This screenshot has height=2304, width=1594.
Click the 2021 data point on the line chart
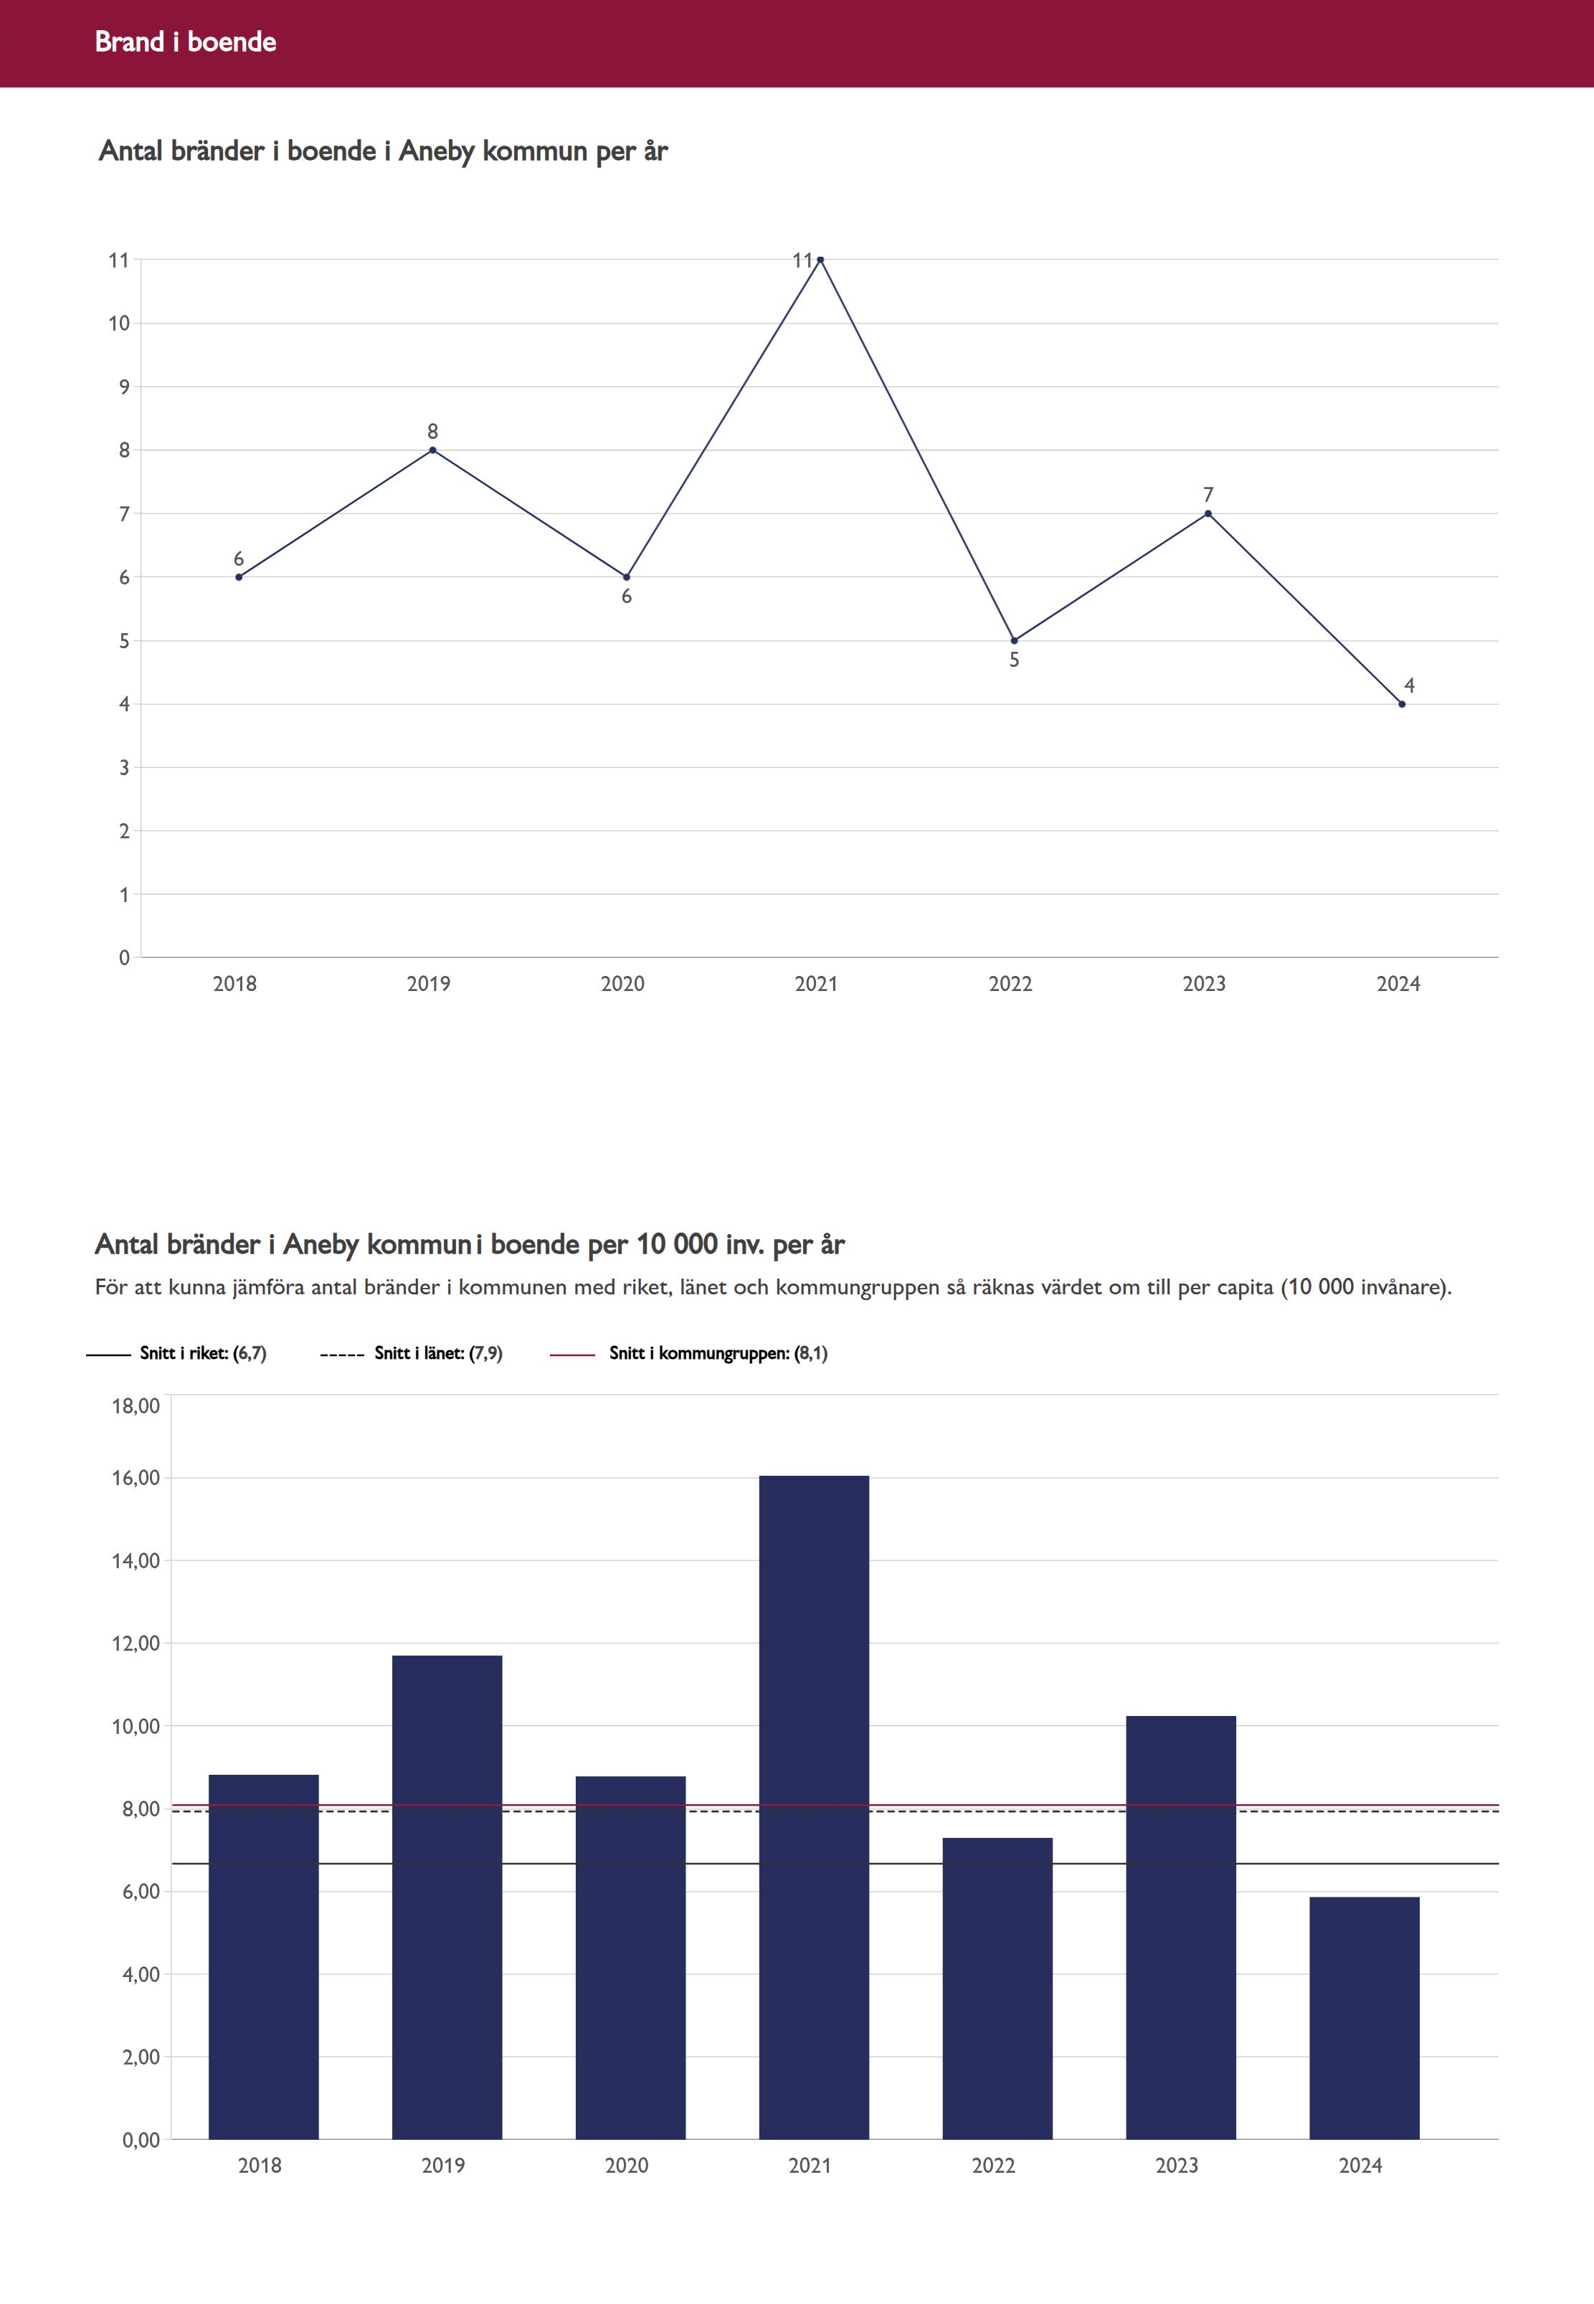click(x=820, y=260)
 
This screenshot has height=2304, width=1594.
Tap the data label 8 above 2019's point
click(x=432, y=432)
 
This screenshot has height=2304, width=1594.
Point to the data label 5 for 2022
click(x=1014, y=660)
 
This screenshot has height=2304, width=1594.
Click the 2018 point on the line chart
click(x=239, y=577)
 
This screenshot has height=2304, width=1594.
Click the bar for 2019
click(x=447, y=1897)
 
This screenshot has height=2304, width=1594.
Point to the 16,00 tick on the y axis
click(x=136, y=1478)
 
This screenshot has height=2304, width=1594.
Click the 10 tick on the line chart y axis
click(x=119, y=323)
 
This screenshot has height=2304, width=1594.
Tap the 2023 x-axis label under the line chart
click(x=1203, y=984)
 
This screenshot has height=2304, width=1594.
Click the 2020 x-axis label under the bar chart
click(x=626, y=2165)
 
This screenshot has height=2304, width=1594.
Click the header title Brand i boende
click(x=186, y=42)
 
